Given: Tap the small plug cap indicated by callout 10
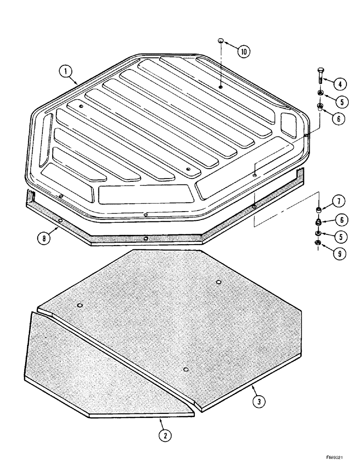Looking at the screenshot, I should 221,42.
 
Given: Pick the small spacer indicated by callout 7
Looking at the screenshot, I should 318,209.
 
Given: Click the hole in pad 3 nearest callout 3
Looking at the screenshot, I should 186,370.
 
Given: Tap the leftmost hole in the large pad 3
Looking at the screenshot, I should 80,305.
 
